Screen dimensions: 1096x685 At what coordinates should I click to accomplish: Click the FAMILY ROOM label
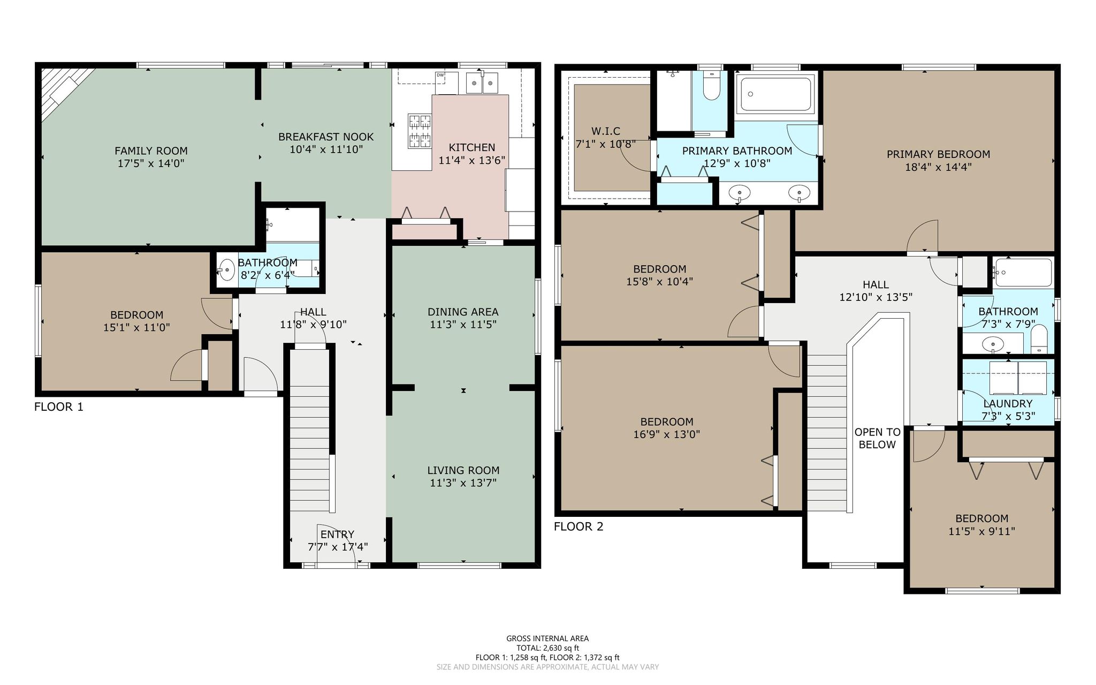pyautogui.click(x=151, y=151)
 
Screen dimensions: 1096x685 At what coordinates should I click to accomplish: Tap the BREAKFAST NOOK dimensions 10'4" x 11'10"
pyautogui.click(x=326, y=149)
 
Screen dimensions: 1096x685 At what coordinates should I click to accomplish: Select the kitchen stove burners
pyautogui.click(x=420, y=131)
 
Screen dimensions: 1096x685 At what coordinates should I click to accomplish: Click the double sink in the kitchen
pyautogui.click(x=482, y=83)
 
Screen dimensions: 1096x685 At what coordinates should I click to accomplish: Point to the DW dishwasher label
pyautogui.click(x=440, y=75)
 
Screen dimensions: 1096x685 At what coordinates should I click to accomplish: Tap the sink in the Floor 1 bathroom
pyautogui.click(x=226, y=269)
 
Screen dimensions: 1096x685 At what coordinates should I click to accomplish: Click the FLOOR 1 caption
pyautogui.click(x=59, y=407)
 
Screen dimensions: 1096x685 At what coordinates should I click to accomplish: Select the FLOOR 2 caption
pyautogui.click(x=579, y=526)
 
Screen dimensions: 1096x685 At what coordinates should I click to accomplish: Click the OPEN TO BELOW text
pyautogui.click(x=877, y=438)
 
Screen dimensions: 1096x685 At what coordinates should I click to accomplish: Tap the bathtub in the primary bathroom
pyautogui.click(x=775, y=94)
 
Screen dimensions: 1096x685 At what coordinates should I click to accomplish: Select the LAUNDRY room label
pyautogui.click(x=1008, y=404)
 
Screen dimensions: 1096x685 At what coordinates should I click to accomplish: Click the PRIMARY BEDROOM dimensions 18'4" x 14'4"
pyautogui.click(x=938, y=167)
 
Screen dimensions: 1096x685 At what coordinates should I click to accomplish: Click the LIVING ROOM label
pyautogui.click(x=463, y=470)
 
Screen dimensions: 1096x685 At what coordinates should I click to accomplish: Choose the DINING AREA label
pyautogui.click(x=463, y=312)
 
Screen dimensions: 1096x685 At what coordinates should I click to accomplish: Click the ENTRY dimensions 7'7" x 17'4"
pyautogui.click(x=338, y=547)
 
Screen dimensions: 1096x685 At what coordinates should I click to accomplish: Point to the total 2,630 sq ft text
pyautogui.click(x=547, y=648)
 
